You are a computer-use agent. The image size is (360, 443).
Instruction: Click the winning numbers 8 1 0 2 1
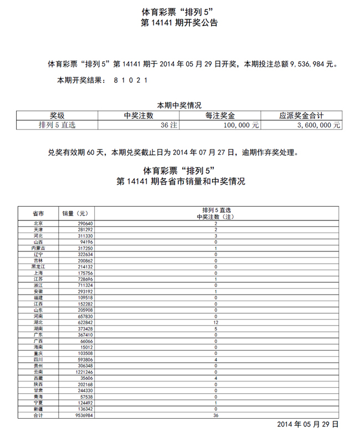tap(131, 80)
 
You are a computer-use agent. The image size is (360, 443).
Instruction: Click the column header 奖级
tap(57, 116)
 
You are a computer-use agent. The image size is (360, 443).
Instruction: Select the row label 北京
tap(38, 223)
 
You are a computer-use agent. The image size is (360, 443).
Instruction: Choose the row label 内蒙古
tap(38, 249)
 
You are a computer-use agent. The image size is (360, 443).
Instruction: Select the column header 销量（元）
tap(75, 213)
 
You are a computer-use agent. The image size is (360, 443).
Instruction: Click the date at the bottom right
tap(307, 424)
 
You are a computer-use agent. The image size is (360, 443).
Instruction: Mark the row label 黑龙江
tap(38, 266)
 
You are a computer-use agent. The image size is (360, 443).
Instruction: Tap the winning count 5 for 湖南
tap(215, 328)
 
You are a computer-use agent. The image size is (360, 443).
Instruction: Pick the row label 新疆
tap(38, 408)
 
